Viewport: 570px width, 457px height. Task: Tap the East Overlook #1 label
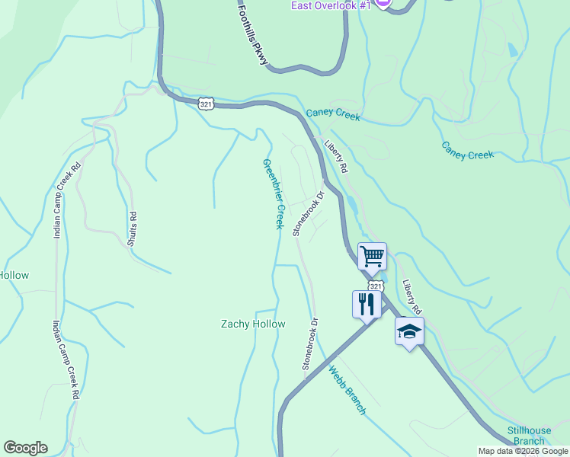click(331, 5)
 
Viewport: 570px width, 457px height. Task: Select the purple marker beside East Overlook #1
click(383, 4)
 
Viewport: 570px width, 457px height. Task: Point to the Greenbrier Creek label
click(273, 193)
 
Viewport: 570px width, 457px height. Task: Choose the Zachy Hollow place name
click(253, 324)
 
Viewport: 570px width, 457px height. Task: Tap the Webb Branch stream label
click(347, 391)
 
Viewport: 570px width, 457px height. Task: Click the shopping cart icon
click(372, 256)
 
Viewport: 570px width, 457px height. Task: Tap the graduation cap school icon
click(409, 331)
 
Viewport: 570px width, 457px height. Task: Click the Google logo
click(25, 448)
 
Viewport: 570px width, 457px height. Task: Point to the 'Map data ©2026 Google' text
click(524, 451)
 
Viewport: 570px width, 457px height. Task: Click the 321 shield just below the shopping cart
click(375, 285)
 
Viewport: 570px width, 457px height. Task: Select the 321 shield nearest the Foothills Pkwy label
click(204, 103)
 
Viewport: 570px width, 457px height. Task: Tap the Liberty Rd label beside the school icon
click(412, 296)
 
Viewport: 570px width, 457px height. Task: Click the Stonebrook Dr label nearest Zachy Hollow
click(309, 344)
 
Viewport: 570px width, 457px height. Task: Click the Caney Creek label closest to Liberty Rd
click(333, 113)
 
